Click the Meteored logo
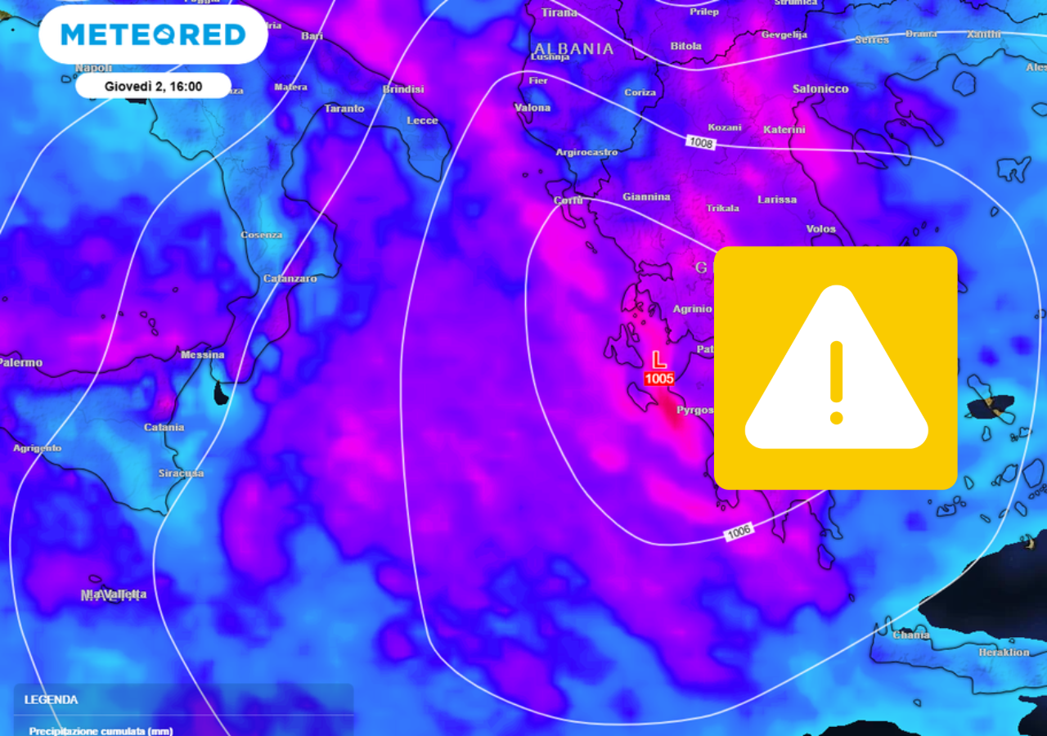coord(153,34)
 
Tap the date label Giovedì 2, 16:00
coord(153,86)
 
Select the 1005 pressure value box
coord(658,379)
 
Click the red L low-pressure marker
coord(658,360)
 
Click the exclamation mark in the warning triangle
coord(836,383)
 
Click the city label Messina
coord(202,355)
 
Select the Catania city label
coord(164,427)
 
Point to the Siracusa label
coord(181,473)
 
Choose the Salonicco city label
coord(820,88)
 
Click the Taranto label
coord(344,108)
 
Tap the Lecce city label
coord(422,120)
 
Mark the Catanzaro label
coord(290,279)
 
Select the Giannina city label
coord(646,197)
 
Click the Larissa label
coord(776,200)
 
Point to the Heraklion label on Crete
coord(1004,653)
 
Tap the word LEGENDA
coord(51,700)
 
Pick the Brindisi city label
coord(402,89)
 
